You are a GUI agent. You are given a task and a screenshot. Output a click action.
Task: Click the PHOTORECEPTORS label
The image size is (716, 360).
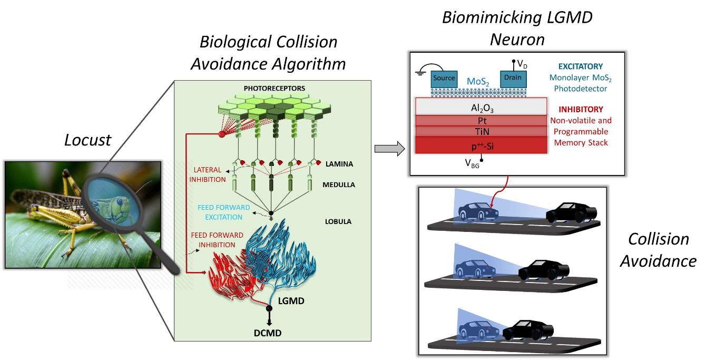point(274,88)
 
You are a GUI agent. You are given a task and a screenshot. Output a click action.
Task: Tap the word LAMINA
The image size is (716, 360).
point(339,164)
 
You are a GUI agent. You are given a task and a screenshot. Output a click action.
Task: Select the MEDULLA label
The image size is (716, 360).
point(339,185)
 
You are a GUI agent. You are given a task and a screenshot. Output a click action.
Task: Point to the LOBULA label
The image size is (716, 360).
point(338,221)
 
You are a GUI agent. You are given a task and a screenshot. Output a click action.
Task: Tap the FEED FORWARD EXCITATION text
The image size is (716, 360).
point(224,212)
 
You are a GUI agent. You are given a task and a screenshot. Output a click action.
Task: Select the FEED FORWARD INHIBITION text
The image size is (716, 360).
point(218,240)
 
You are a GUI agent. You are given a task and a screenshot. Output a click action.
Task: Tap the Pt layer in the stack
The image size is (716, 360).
point(480,121)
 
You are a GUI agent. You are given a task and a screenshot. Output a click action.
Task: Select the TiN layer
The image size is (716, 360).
point(480,132)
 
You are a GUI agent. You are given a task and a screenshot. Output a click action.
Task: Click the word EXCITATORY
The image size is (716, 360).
point(580,67)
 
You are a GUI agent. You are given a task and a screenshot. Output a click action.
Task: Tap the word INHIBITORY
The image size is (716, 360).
point(581,110)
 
